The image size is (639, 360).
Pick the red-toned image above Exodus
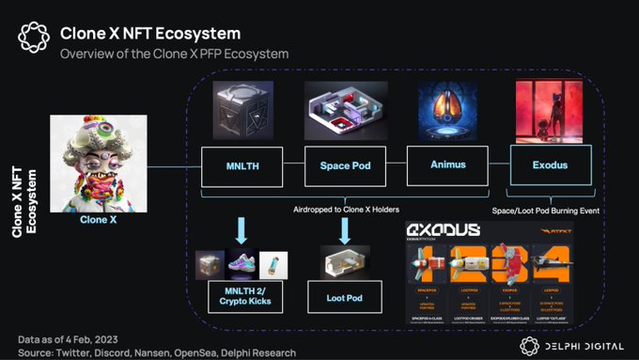547,111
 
